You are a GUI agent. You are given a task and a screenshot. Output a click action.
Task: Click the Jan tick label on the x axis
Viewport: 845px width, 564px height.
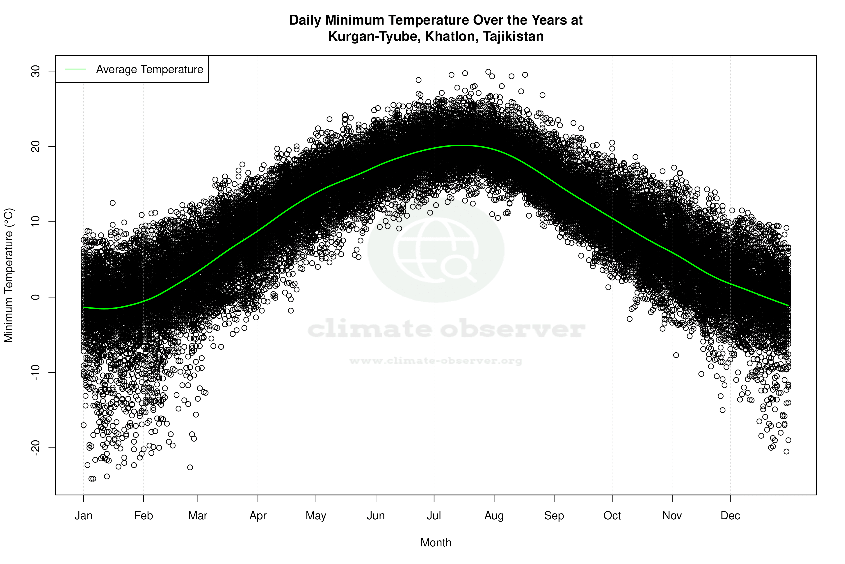(x=83, y=516)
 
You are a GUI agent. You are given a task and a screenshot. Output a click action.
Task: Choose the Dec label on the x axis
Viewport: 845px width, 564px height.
(x=730, y=516)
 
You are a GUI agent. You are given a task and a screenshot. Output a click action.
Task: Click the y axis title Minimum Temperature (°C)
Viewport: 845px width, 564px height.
(x=9, y=275)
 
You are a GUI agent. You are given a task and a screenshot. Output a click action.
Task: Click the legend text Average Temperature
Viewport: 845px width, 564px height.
(x=149, y=69)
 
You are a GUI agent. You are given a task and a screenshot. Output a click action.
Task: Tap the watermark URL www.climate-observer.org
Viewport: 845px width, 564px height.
(x=436, y=361)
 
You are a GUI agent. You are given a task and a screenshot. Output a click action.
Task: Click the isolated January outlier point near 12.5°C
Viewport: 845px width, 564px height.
(x=112, y=203)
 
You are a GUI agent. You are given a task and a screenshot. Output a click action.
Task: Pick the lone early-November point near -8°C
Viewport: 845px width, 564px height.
(x=676, y=355)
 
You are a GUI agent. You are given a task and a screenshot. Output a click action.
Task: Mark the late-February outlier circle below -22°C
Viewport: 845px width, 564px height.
(x=190, y=467)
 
